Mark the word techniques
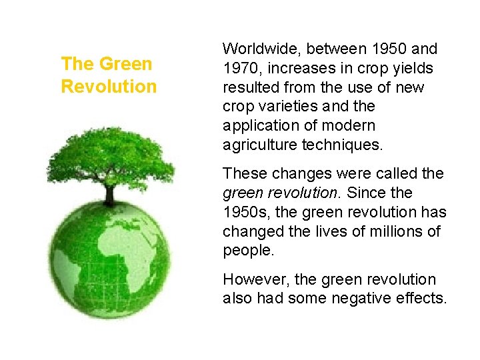(342, 145)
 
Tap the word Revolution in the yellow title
(109, 87)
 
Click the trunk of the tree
(109, 194)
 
